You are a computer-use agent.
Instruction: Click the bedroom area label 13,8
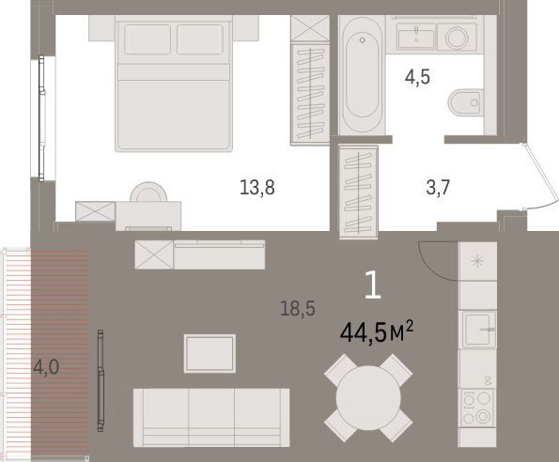tap(257, 188)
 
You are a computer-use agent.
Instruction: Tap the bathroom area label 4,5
tap(417, 77)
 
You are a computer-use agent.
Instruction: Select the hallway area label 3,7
tap(438, 188)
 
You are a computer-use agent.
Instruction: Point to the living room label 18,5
tap(298, 308)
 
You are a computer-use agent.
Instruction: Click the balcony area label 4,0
tap(46, 367)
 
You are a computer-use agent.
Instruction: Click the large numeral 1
tap(373, 285)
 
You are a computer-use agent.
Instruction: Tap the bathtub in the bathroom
tap(362, 75)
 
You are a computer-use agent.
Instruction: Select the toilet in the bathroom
tap(465, 102)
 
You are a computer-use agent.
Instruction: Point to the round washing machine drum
tap(457, 38)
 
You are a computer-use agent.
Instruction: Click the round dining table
tap(368, 398)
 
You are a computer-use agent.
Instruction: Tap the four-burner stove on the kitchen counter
tap(476, 408)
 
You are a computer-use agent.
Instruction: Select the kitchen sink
tap(478, 330)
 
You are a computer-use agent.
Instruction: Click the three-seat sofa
tap(211, 418)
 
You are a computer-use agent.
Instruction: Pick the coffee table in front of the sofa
tap(210, 353)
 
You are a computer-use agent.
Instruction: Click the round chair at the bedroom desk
tap(148, 192)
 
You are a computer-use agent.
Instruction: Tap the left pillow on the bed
tap(148, 39)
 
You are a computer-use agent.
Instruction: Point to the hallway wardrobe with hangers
tap(358, 192)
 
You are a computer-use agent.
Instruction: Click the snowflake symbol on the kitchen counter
tap(477, 262)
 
